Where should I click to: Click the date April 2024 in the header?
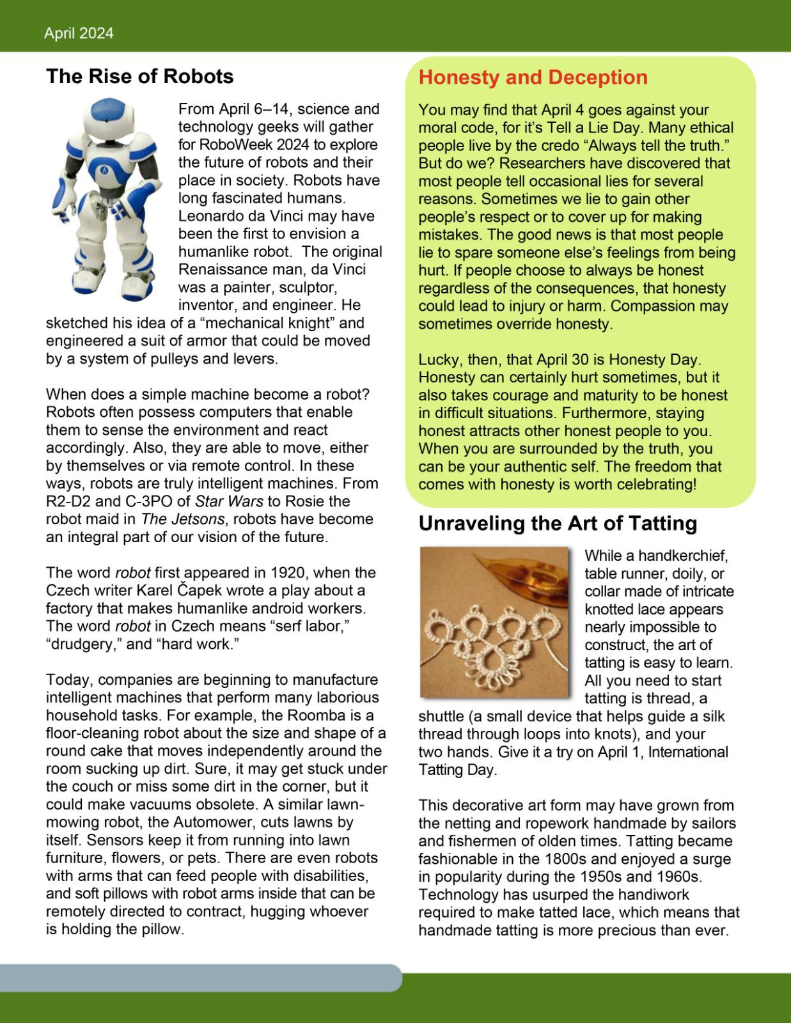tap(79, 34)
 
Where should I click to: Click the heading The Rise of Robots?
tap(139, 77)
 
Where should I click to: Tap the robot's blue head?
tap(106, 115)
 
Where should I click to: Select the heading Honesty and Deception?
tap(533, 77)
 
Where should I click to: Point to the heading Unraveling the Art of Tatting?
tap(558, 524)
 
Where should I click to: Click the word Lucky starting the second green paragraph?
tap(438, 360)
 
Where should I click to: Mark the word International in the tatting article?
tap(688, 753)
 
